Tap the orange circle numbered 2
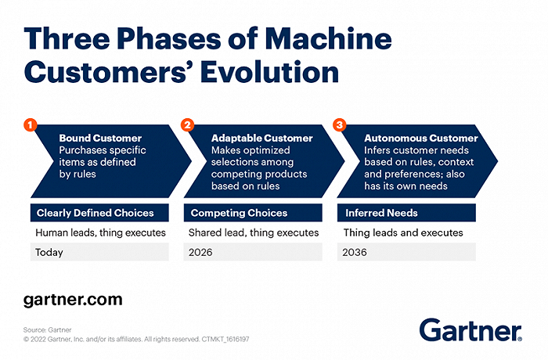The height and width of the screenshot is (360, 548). coord(188,124)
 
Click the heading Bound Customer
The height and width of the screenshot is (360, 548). coord(98,138)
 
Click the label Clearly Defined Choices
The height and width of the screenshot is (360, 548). coord(95,212)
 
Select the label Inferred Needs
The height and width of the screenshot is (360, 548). coord(383,212)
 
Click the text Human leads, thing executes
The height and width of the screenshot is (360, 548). coord(99,232)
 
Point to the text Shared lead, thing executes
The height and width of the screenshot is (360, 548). coord(254,232)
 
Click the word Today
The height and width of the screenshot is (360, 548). coord(49,252)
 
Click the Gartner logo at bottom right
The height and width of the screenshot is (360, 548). coord(470,329)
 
